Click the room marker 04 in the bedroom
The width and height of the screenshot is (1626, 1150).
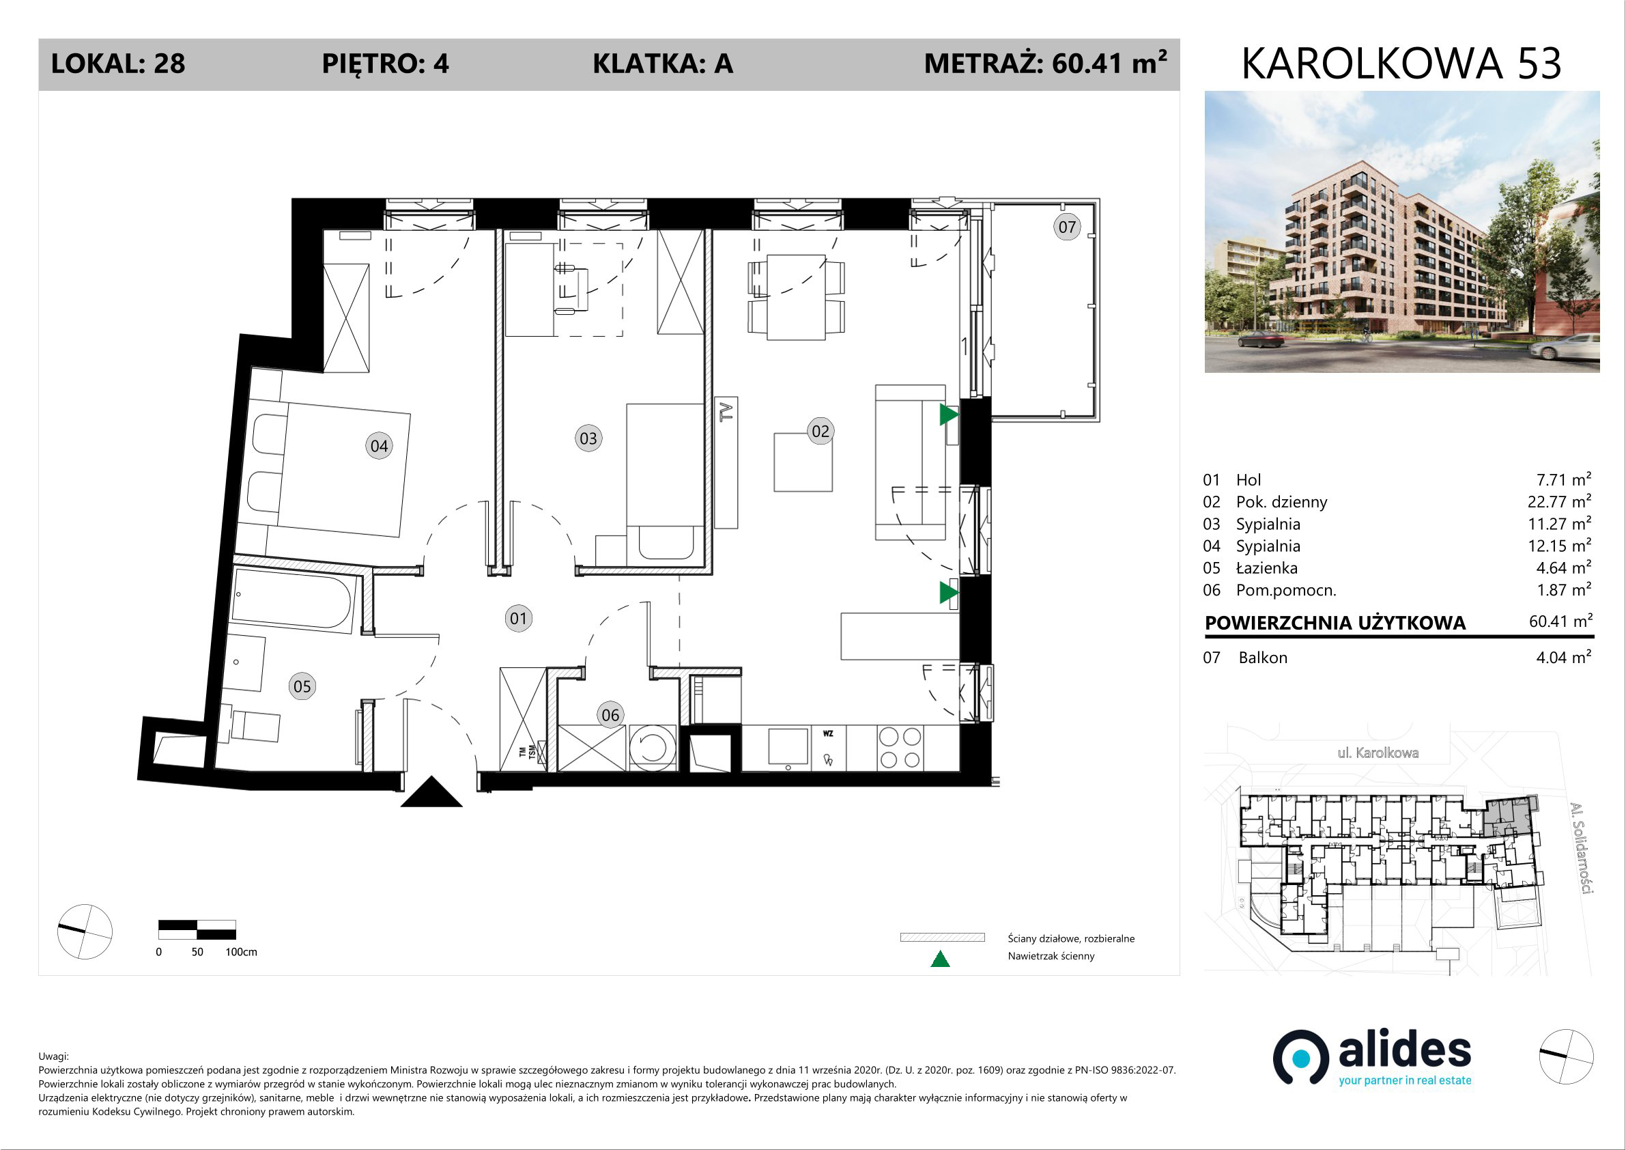(x=379, y=446)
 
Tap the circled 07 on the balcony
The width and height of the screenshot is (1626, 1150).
(x=1066, y=227)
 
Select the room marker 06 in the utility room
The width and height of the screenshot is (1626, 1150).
(x=610, y=715)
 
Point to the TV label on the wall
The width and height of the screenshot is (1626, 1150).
(x=726, y=411)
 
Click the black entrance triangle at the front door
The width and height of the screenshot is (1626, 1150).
(x=431, y=793)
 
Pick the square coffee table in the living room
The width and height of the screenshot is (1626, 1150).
(x=802, y=463)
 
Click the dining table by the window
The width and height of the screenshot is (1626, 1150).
(x=796, y=298)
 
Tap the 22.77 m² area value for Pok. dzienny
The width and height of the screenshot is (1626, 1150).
(x=1559, y=501)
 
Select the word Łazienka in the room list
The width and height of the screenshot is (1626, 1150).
(x=1267, y=567)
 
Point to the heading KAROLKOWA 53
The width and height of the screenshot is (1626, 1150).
(x=1401, y=64)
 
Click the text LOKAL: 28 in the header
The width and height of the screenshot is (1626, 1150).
(x=118, y=64)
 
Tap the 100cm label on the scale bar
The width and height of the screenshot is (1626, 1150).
(x=241, y=953)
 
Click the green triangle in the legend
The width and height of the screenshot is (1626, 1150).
(x=940, y=959)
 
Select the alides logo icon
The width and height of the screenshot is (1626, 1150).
(x=1300, y=1057)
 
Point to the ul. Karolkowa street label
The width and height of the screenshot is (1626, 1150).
(x=1378, y=753)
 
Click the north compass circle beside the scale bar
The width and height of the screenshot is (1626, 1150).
(x=85, y=931)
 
